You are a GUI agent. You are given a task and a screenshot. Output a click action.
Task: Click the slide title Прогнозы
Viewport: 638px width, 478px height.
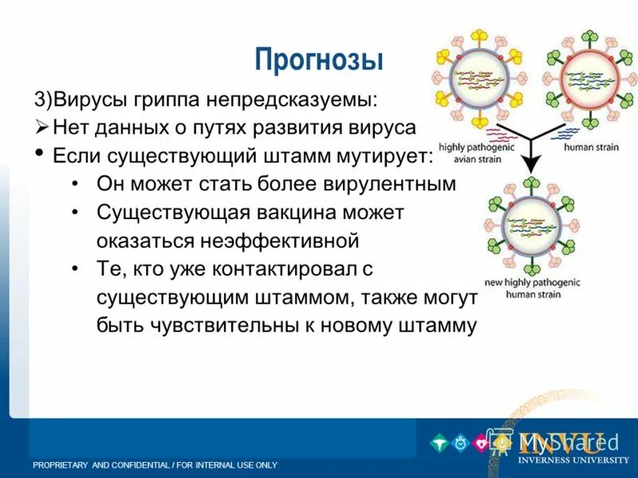319,60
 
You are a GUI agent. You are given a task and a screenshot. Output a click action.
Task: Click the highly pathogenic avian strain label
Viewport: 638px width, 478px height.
477,152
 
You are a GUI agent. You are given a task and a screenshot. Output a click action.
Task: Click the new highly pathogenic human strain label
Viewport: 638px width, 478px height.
532,288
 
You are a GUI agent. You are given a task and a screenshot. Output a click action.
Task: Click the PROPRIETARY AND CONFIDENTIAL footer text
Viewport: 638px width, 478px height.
155,464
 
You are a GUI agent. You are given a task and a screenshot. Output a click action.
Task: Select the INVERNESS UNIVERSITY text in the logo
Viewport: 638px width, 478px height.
573,460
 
